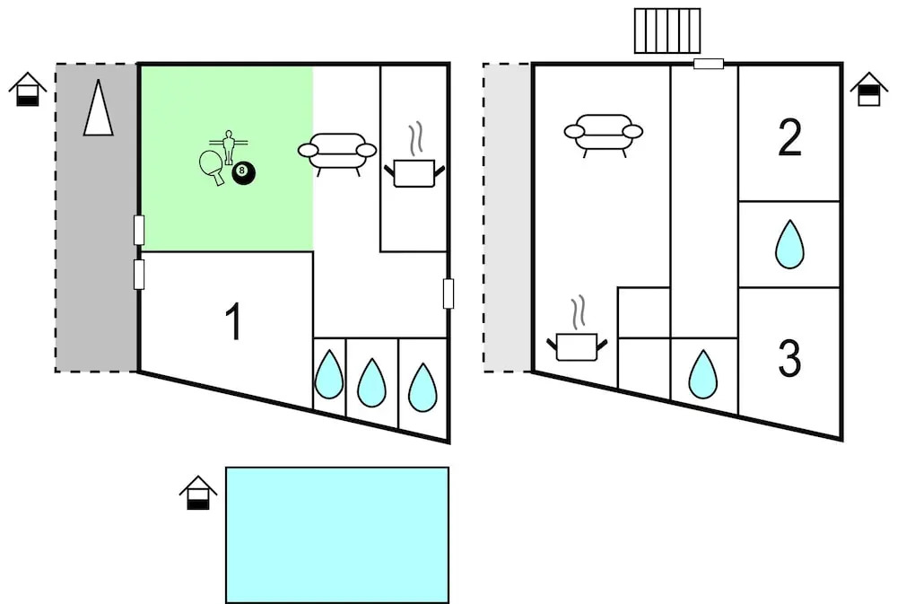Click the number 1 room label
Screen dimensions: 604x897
click(233, 323)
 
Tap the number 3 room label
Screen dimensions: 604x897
click(789, 357)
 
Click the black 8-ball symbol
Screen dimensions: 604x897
click(242, 174)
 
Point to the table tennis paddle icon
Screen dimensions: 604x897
click(213, 165)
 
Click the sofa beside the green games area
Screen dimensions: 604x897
click(336, 152)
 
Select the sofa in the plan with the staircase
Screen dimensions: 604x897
click(604, 132)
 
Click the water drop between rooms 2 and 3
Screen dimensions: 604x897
click(789, 244)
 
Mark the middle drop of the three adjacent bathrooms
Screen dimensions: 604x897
click(371, 383)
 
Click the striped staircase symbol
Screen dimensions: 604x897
click(666, 31)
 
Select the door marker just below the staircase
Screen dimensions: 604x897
click(709, 64)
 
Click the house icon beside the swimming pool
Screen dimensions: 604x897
click(197, 493)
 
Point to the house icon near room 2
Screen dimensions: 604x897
click(867, 89)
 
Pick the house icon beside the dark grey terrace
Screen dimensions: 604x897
click(28, 90)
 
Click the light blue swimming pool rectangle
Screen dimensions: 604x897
click(336, 534)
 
